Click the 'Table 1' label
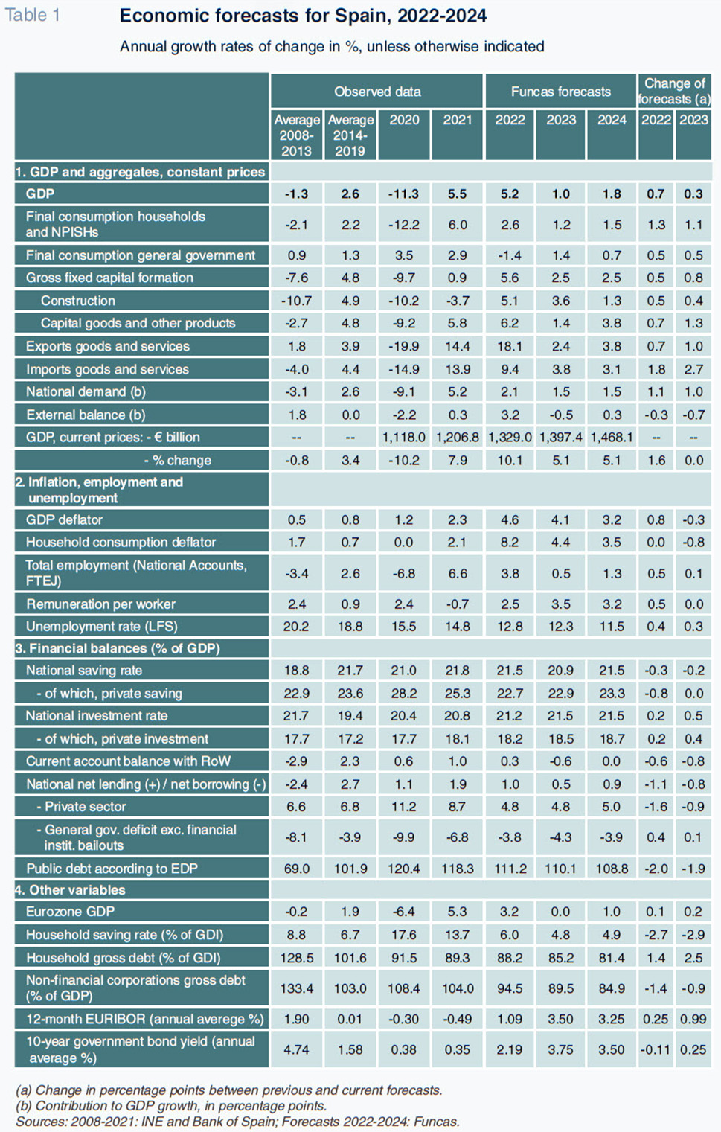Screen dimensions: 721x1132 coord(32,15)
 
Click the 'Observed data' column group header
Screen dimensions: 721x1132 coord(377,92)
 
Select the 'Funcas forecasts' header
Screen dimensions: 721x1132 coord(561,92)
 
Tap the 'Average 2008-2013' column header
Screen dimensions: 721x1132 coord(297,135)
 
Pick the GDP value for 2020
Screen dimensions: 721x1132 coord(404,194)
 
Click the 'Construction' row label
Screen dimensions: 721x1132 coord(78,301)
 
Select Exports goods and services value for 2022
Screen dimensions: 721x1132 coord(509,346)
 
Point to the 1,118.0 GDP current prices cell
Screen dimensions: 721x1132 coord(404,437)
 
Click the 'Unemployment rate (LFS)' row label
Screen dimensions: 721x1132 coord(101,627)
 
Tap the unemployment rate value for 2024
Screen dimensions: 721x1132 coord(612,627)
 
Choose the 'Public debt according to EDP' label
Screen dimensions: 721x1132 coord(112,869)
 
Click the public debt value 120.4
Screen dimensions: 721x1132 coord(404,869)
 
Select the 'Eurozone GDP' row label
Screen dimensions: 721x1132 coord(70,912)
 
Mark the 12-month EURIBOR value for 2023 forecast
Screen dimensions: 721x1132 coord(561,1019)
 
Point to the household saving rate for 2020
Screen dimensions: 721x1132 coord(404,935)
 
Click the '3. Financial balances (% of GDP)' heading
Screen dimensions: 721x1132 coord(118,648)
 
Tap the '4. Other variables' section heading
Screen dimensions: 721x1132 coord(70,890)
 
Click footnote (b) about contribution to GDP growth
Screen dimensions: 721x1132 coord(171,1106)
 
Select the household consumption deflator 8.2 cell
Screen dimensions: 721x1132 coord(509,543)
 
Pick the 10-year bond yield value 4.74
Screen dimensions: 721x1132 coord(296,1049)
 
